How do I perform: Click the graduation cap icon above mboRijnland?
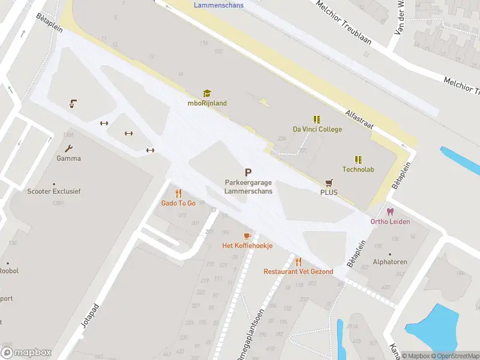click(207, 93)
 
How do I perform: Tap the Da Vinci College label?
click(317, 129)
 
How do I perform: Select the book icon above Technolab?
click(358, 160)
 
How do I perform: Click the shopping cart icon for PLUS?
click(329, 182)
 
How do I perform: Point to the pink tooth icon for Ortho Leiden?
click(390, 212)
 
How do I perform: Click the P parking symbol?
click(248, 172)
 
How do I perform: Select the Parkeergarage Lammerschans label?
click(248, 187)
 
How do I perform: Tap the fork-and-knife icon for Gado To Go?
click(178, 193)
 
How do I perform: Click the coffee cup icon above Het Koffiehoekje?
click(247, 236)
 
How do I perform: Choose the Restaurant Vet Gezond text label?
click(298, 272)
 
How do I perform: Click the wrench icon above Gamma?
click(68, 149)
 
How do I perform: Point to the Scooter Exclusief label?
click(54, 191)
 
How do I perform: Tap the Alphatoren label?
click(390, 262)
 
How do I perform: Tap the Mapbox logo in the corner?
click(26, 352)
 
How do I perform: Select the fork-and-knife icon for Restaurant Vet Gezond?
click(298, 262)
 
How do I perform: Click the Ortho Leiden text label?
click(390, 221)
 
